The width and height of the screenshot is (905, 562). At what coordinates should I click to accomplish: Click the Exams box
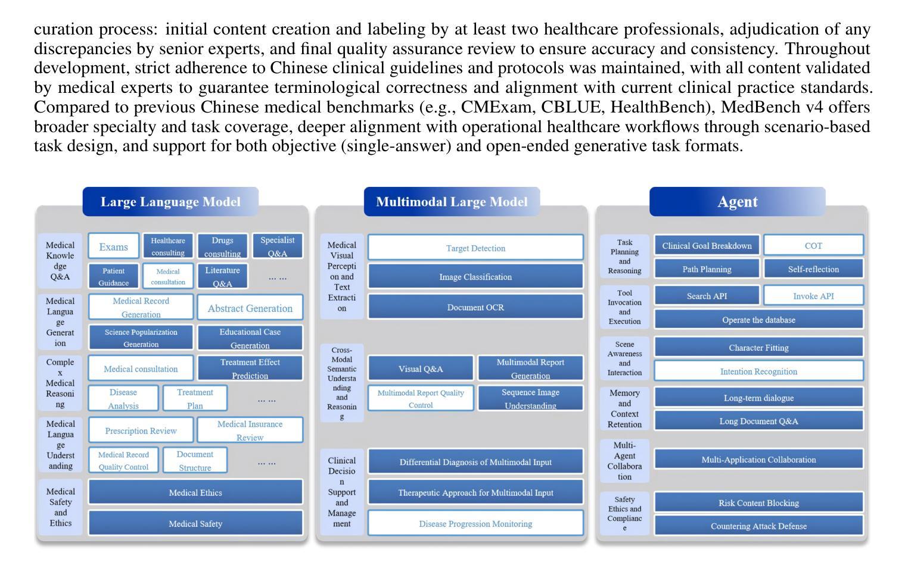113,246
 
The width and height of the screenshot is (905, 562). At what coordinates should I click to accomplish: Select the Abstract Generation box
250,308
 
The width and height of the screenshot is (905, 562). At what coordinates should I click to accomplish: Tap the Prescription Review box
141,430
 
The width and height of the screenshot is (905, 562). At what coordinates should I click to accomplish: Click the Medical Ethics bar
195,492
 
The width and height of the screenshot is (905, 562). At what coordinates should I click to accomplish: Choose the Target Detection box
475,248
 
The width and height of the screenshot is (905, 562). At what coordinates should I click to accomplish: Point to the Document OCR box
475,307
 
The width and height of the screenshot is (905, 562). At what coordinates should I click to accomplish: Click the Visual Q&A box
421,369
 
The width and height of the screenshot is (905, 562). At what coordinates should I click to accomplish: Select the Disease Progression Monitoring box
475,523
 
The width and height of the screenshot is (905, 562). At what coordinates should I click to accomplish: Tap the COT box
813,245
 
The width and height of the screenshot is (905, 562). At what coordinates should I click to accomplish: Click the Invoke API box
813,296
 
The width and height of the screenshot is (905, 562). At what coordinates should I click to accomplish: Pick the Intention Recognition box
758,371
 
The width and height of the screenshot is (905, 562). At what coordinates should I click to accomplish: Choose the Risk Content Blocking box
758,502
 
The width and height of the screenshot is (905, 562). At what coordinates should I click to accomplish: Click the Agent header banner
737,202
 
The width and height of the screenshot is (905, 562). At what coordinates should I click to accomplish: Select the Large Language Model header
170,202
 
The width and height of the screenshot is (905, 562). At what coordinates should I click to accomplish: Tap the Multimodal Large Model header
452,202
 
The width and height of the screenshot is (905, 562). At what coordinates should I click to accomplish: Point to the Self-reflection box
813,269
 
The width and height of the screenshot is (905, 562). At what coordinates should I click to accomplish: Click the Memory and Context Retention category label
624,408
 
